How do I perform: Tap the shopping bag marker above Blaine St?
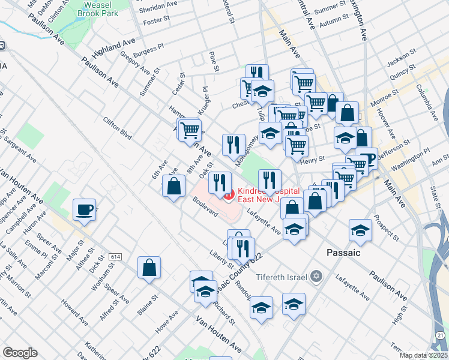[x=149, y=268]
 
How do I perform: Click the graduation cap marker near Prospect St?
[x=360, y=230]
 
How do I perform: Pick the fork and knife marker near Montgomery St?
[x=234, y=145]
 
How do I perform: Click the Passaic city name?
[x=343, y=253]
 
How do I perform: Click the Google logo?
[x=20, y=353]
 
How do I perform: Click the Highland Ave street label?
[x=118, y=44]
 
